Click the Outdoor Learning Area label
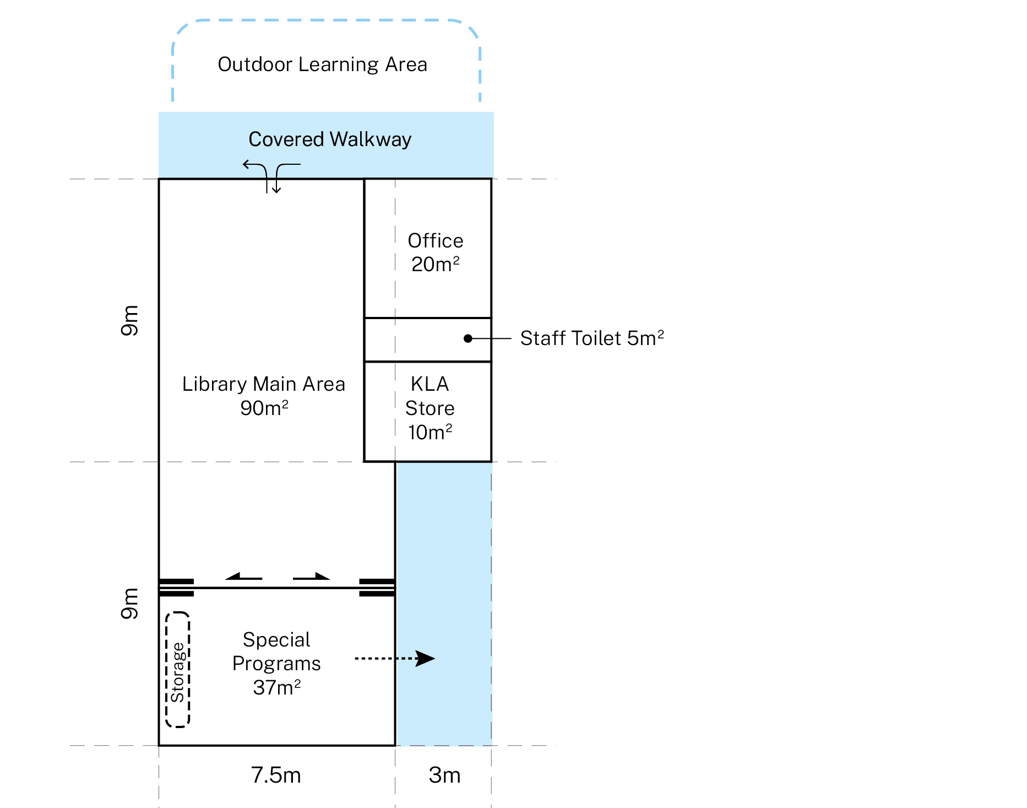[322, 64]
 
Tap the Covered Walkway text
[329, 139]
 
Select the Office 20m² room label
[435, 252]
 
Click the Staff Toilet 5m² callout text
[591, 338]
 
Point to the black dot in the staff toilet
[468, 338]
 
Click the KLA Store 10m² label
[430, 408]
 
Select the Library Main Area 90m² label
[264, 396]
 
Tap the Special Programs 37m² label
[276, 664]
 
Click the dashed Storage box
[177, 670]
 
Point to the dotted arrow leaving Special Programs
[394, 658]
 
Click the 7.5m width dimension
[276, 775]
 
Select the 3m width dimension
[444, 775]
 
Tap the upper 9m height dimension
[130, 320]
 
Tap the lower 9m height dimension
[130, 604]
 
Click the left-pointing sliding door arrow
[243, 577]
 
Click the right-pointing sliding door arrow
[312, 577]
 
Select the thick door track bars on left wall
[176, 588]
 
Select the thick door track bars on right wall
[377, 588]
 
